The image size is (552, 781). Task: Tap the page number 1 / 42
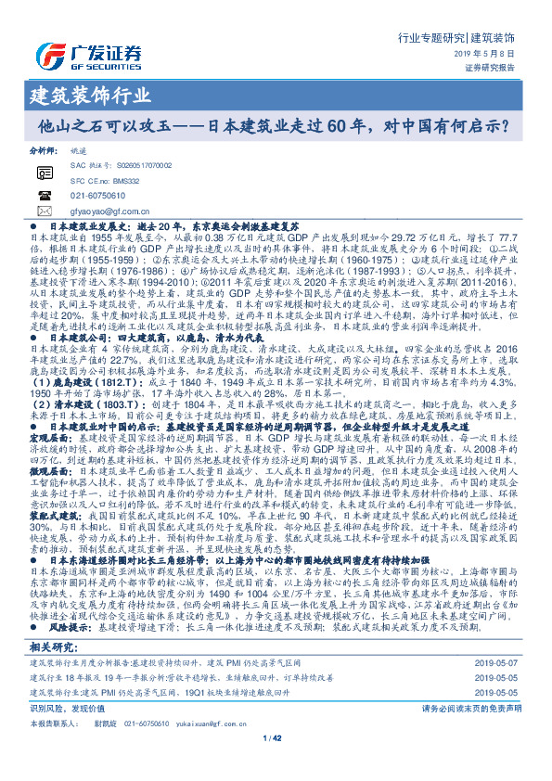(x=276, y=737)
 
